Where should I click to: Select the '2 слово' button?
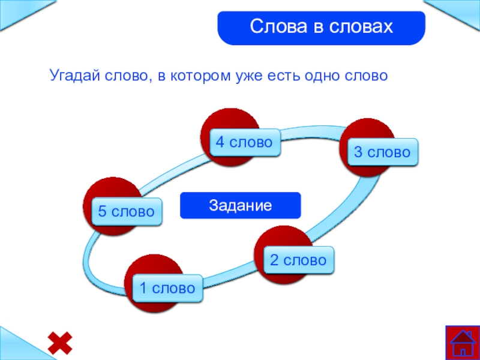(298, 260)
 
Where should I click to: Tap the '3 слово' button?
(382, 152)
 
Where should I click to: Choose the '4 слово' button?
(244, 143)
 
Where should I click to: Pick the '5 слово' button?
(127, 211)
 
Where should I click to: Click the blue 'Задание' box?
(240, 205)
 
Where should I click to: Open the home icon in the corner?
(463, 343)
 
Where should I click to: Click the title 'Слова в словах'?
(321, 27)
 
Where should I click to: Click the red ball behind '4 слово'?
(230, 123)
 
